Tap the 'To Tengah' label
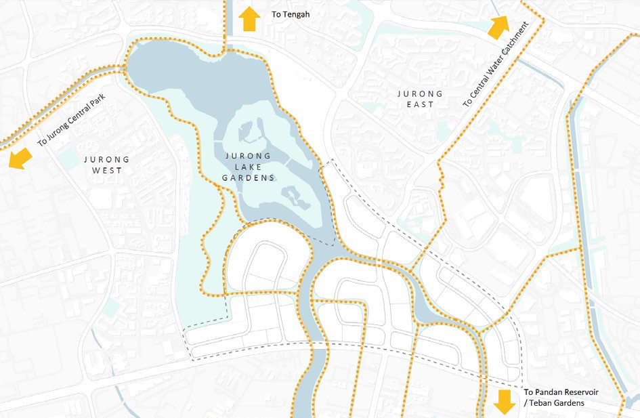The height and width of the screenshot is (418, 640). coord(291,13)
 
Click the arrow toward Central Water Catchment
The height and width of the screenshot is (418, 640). coord(499,27)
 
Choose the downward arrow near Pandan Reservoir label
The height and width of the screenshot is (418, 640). coord(505,401)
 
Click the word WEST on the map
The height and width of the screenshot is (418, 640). coord(107,171)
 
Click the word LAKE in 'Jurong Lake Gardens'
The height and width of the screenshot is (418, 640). coord(249,167)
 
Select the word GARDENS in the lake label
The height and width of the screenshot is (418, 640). coord(249,178)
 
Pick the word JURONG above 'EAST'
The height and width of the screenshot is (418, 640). coord(421,94)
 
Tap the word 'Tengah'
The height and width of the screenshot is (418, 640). coord(296,13)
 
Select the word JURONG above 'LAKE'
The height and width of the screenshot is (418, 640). coord(249,156)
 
